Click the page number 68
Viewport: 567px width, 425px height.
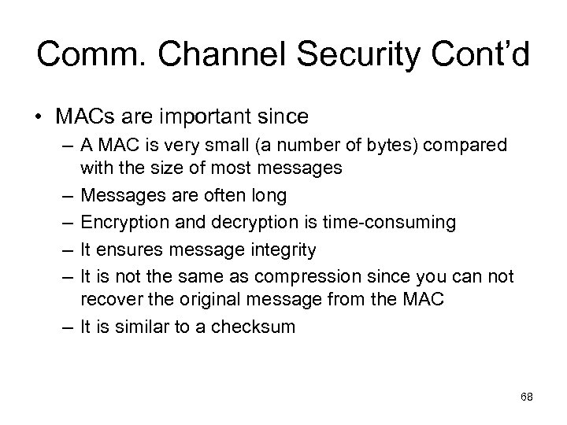click(527, 397)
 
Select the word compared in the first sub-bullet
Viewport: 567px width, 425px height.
click(468, 147)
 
